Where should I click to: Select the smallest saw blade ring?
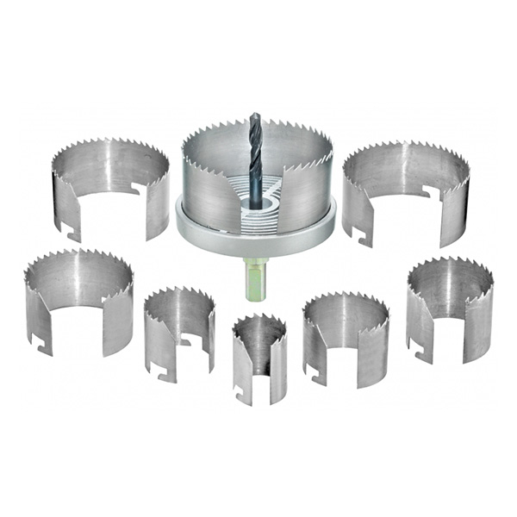[x=259, y=358]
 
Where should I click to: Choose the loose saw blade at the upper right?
[x=405, y=190]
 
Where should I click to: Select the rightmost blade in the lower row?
[x=448, y=306]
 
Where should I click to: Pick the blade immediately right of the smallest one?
[x=345, y=336]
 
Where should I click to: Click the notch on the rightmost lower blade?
[x=417, y=352]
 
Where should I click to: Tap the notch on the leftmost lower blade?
[x=39, y=342]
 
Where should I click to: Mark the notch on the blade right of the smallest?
[x=315, y=376]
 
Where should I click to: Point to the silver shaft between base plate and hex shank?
[x=254, y=258]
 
